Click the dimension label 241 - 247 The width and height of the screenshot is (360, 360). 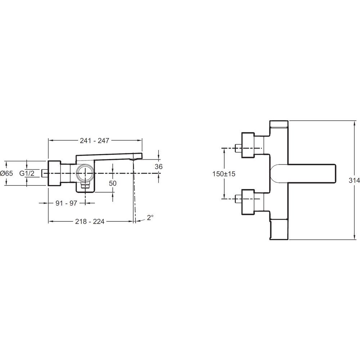[x=94, y=140]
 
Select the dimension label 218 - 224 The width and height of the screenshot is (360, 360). [x=90, y=221]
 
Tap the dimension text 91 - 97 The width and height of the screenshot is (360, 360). [x=66, y=203]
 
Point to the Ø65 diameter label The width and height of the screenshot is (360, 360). [x=6, y=173]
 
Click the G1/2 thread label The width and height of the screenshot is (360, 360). [x=27, y=173]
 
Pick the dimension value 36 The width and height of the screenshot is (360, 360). [x=159, y=166]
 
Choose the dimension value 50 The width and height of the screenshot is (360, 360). [x=113, y=183]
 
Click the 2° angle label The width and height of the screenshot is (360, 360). [x=150, y=217]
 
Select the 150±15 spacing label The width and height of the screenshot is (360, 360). [x=224, y=174]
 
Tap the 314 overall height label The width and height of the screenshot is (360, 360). [x=354, y=180]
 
